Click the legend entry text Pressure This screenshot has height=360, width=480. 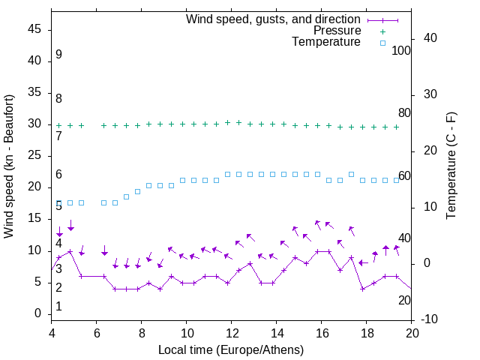337,31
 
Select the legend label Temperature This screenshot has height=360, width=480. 326,42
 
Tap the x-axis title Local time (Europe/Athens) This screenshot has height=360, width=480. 231,349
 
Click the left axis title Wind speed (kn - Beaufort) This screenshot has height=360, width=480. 9,166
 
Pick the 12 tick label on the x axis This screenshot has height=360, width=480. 232,334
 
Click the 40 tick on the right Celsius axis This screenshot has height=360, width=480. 430,38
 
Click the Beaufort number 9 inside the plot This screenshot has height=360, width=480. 58,55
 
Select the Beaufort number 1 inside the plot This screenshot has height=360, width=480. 58,307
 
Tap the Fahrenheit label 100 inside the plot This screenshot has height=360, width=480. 401,51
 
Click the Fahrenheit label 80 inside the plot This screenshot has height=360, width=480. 404,113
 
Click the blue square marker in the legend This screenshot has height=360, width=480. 382,43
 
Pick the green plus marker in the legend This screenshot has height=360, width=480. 382,31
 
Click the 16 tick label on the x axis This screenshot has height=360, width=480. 322,334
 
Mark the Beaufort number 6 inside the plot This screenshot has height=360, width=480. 58,175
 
